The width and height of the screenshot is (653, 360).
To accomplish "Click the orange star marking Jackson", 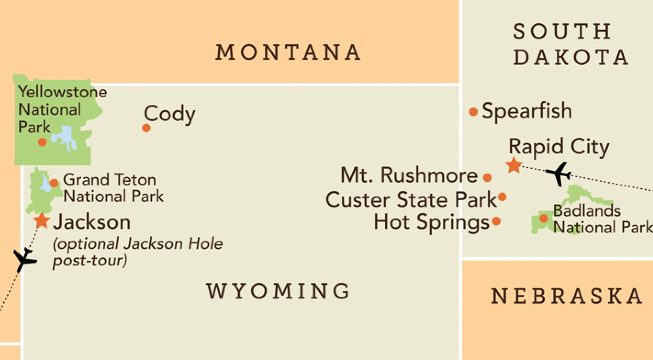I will (42, 220).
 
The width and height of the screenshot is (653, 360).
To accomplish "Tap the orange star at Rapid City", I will (513, 165).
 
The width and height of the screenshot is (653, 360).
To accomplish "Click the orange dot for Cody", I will (146, 128).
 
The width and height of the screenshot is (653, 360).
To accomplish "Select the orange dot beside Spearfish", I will (473, 112).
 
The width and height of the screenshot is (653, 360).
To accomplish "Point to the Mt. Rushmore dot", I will (487, 177).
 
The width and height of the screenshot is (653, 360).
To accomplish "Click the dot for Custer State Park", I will (502, 197).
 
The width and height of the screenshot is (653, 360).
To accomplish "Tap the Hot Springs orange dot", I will (496, 221).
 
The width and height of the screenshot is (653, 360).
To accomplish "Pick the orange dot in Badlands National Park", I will (544, 218).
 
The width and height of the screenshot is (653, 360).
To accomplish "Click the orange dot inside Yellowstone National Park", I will (42, 142).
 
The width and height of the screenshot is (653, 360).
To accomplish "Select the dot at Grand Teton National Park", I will (54, 183).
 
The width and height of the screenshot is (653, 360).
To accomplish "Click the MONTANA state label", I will (288, 52).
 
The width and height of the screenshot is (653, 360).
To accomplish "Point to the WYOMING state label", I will (278, 291).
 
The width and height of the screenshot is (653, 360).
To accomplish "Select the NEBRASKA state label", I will (567, 296).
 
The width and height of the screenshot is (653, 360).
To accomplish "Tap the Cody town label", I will (169, 114).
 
